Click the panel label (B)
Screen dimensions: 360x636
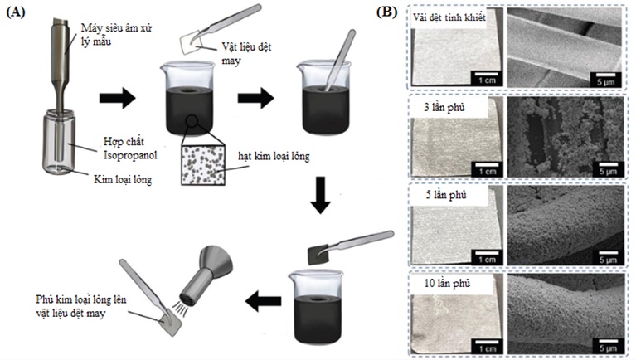pos(386,12)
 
